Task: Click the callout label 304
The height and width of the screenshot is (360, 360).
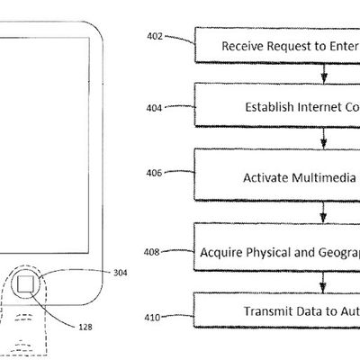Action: pos(121,273)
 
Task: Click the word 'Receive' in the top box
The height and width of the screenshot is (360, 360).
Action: pos(242,45)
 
